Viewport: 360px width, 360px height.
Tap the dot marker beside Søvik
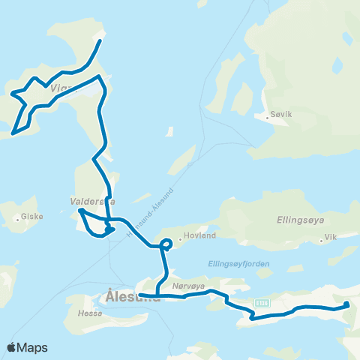(268, 116)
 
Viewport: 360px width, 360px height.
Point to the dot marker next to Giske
(18, 220)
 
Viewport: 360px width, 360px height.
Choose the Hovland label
(200, 235)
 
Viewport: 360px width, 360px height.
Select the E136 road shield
(261, 302)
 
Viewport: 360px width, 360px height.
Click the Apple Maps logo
(28, 347)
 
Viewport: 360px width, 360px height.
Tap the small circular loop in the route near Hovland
(166, 243)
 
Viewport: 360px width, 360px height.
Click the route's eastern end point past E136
(346, 304)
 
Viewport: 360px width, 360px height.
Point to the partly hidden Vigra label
(64, 88)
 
